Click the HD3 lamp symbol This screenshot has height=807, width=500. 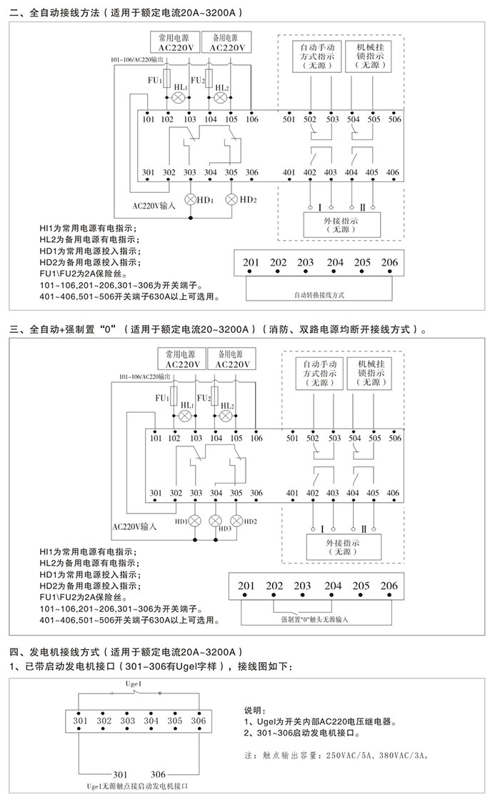click(x=215, y=521)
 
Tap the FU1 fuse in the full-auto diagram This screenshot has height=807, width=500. click(x=167, y=80)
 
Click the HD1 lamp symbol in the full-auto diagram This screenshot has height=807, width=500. click(x=191, y=199)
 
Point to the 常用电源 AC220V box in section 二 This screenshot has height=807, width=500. click(x=175, y=42)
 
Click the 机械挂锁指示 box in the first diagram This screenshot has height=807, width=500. click(x=370, y=56)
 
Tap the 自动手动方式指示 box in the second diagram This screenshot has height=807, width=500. click(x=319, y=373)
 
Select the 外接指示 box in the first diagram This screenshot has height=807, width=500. click(x=341, y=224)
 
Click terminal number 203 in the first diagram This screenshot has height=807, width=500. click(x=305, y=263)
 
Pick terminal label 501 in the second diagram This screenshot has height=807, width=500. click(x=292, y=438)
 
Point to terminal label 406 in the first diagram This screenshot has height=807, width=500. click(x=392, y=172)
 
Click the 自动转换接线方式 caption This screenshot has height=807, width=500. click(x=319, y=295)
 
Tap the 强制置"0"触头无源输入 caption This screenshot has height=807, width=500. click(x=314, y=619)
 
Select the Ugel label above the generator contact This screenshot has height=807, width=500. click(x=134, y=683)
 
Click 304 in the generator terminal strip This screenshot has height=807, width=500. click(x=151, y=721)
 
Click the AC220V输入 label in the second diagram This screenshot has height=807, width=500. click(x=134, y=526)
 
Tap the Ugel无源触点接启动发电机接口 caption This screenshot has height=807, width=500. click(x=137, y=786)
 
